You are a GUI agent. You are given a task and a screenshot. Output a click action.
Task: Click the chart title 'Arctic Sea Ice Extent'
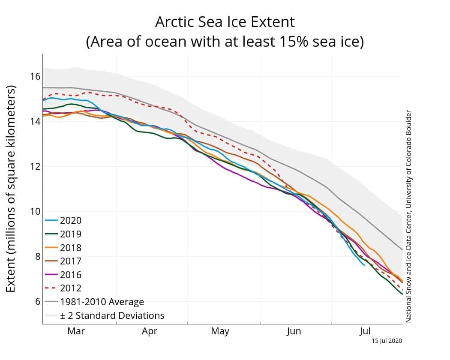pyautogui.click(x=225, y=22)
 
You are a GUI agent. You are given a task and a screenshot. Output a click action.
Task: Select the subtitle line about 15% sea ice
pyautogui.click(x=225, y=41)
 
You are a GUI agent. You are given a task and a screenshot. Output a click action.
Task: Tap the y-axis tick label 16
pyautogui.click(x=35, y=77)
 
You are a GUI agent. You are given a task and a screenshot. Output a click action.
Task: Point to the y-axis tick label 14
pyautogui.click(x=35, y=121)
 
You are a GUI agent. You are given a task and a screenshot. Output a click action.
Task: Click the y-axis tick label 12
pyautogui.click(x=35, y=167)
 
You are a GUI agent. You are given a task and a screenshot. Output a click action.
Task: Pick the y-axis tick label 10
pyautogui.click(x=35, y=212)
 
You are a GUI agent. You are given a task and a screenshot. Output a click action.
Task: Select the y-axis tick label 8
pyautogui.click(x=38, y=256)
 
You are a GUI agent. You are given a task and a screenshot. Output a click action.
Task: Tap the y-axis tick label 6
pyautogui.click(x=38, y=301)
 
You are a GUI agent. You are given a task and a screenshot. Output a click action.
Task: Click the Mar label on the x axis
pyautogui.click(x=76, y=331)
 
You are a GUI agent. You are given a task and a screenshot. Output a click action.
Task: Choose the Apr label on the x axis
pyautogui.click(x=150, y=331)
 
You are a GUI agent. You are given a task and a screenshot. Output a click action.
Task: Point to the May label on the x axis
pyautogui.click(x=220, y=331)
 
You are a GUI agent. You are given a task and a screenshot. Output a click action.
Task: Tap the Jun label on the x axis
pyautogui.click(x=294, y=331)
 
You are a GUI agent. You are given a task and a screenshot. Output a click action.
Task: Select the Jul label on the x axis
pyautogui.click(x=365, y=331)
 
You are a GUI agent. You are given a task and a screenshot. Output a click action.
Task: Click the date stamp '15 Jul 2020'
pyautogui.click(x=387, y=341)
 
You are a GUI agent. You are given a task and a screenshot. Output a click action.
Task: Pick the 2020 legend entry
pyautogui.click(x=63, y=220)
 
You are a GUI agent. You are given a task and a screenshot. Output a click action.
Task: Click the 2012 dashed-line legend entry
pyautogui.click(x=63, y=288)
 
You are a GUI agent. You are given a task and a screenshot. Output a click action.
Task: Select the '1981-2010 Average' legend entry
pyautogui.click(x=94, y=302)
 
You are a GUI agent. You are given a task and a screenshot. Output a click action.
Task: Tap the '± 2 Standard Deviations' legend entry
pyautogui.click(x=105, y=315)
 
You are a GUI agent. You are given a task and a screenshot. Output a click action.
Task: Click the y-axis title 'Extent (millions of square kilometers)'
pyautogui.click(x=11, y=189)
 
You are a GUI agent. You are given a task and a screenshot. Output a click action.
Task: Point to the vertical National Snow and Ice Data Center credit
pyautogui.click(x=408, y=216)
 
